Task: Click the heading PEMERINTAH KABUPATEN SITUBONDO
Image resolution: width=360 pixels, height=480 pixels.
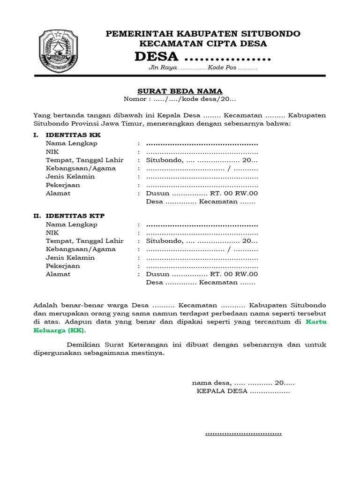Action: coord(202,34)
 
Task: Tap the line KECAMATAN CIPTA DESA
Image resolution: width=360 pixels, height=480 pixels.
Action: coord(203,44)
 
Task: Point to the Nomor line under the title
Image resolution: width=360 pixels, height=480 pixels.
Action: coord(180,99)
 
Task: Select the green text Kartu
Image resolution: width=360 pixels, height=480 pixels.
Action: coord(316,322)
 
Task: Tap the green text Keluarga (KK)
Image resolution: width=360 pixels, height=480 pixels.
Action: coord(60,330)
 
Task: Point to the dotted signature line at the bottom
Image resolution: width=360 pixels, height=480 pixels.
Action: coord(243,434)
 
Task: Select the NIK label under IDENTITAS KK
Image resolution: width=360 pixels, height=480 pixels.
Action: coord(52,152)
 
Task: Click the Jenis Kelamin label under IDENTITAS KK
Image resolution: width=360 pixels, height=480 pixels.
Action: coord(70,177)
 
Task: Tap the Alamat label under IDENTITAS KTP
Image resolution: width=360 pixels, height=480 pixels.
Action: coord(58,274)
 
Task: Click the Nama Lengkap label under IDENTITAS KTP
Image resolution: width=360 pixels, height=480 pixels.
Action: coord(71,225)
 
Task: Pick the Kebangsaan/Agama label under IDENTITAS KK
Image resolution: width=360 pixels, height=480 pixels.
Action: coord(80,168)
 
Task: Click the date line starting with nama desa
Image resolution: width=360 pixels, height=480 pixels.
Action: coord(243,383)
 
